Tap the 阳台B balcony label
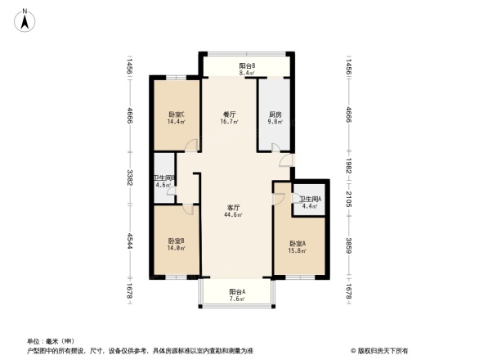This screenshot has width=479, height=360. [x=246, y=65]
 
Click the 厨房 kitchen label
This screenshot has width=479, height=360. [x=275, y=115]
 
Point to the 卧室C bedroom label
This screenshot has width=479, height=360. [x=176, y=115]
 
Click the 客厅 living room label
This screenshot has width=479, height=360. [x=233, y=208]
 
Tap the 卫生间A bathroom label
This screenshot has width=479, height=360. [x=309, y=199]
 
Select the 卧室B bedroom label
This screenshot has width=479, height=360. [x=176, y=241]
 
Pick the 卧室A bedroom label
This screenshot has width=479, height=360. [x=297, y=244]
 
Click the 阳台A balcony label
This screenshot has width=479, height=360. [x=237, y=291]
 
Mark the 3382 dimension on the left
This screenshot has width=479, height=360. [x=129, y=177]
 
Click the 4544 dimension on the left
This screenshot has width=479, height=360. [x=129, y=243]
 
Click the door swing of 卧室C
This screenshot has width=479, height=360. [x=190, y=145]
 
